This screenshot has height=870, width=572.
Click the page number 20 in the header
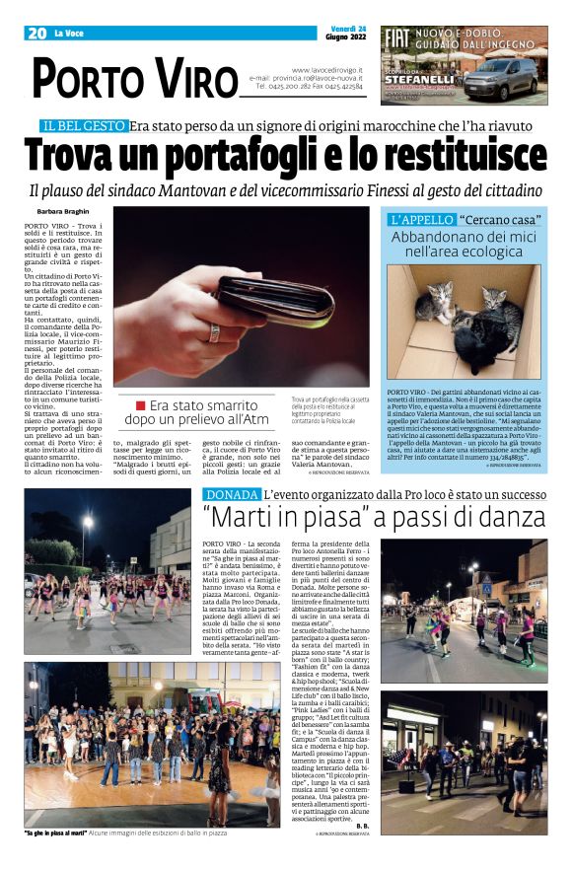pos(37,34)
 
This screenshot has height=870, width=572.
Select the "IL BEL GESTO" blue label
pos(83,125)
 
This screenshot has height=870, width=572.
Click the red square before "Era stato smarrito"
pos(141,405)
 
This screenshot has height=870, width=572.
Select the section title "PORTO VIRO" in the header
pos(134,78)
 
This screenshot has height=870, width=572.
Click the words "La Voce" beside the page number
pos(68,34)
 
